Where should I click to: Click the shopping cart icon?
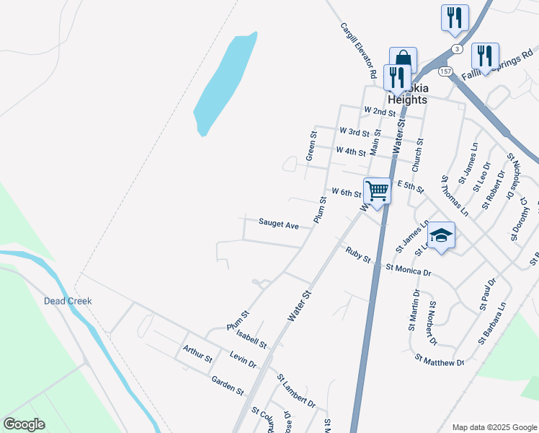click(x=377, y=191)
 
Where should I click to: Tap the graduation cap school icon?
click(x=441, y=235)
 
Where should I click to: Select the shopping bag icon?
click(x=404, y=61)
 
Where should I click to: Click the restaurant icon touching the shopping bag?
click(x=396, y=77)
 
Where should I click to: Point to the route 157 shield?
click(x=445, y=71)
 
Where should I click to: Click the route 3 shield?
click(x=457, y=48)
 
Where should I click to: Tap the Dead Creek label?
click(x=68, y=301)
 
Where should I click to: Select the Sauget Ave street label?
click(x=278, y=226)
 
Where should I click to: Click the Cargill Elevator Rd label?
click(x=359, y=51)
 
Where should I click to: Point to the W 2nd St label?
click(x=380, y=112)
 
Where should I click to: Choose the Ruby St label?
click(x=357, y=255)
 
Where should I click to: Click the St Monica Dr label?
click(x=408, y=270)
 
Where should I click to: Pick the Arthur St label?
click(x=197, y=354)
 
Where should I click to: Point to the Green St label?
click(x=312, y=146)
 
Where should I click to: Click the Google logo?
click(x=24, y=424)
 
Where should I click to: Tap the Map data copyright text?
click(x=494, y=427)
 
